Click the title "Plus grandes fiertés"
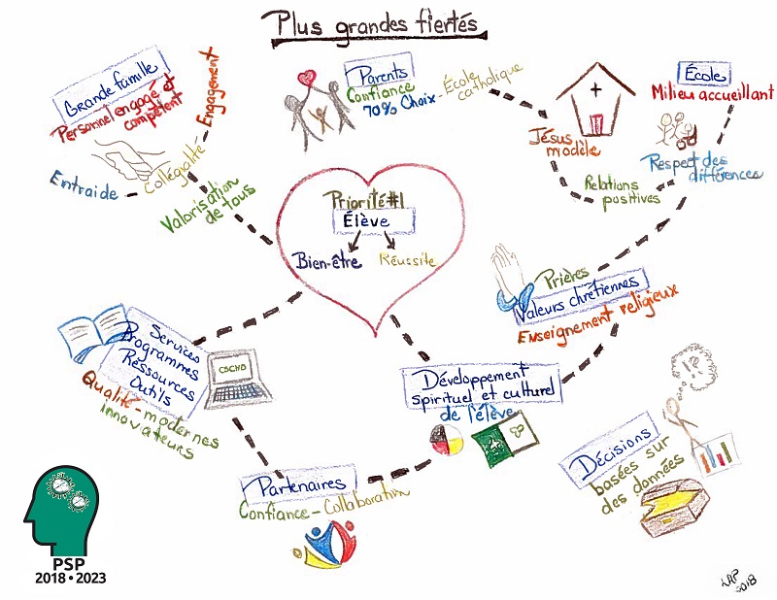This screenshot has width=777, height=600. pos(375,26)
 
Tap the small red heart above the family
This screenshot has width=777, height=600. pos(307,79)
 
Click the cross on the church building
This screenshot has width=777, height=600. pos(595,89)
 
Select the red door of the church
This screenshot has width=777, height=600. pos(595,124)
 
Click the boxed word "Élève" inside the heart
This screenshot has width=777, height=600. pos(367,221)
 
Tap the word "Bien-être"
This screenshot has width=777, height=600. pos(326,260)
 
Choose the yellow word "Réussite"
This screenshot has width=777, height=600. pos(407,259)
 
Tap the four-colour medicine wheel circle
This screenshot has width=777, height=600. pos(447,440)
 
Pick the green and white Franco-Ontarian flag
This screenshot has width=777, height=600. pos(503,441)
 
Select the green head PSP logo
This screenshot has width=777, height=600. pos(61,511)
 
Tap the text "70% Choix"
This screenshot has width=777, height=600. pos(399,105)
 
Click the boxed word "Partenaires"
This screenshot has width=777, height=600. pos(300,485)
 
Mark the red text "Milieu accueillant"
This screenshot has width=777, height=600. pos(712,92)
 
